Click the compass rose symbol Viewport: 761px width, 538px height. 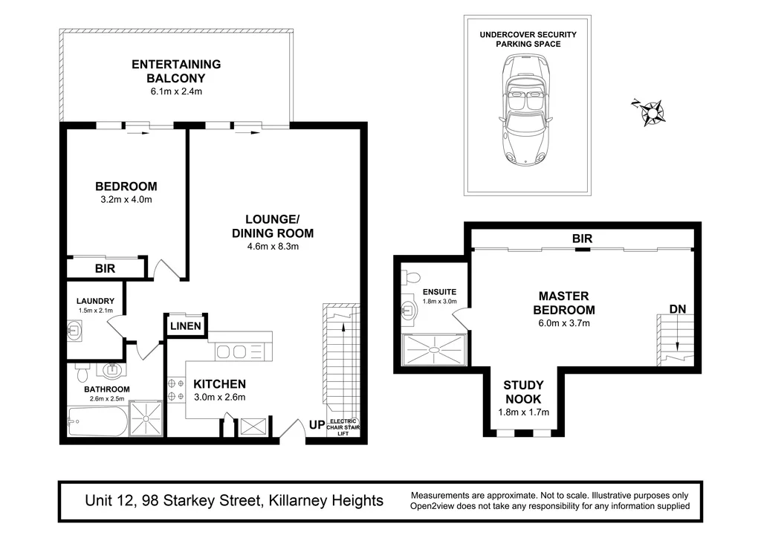pyautogui.click(x=650, y=112)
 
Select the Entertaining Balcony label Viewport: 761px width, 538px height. pyautogui.click(x=176, y=71)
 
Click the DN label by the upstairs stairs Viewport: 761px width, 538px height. pyautogui.click(x=677, y=308)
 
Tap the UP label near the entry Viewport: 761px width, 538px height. pyautogui.click(x=317, y=426)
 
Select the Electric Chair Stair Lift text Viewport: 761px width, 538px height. pyautogui.click(x=343, y=427)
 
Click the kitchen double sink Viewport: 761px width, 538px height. pyautogui.click(x=236, y=351)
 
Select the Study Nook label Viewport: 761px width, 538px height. pyautogui.click(x=523, y=392)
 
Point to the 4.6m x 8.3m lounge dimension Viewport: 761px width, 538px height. pyautogui.click(x=272, y=247)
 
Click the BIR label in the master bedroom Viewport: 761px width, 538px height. pyautogui.click(x=582, y=239)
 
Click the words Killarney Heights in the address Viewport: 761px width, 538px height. pyautogui.click(x=325, y=500)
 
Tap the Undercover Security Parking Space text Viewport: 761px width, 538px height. pyautogui.click(x=528, y=39)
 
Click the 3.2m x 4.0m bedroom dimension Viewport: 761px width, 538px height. pyautogui.click(x=126, y=200)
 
